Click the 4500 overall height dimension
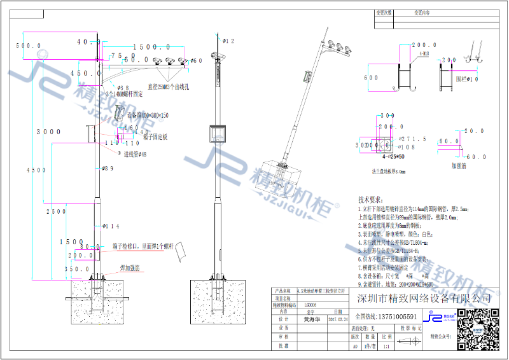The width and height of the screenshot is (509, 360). tap(39, 170)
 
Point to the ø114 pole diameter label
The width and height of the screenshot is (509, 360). tap(111, 226)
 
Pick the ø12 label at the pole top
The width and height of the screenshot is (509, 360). tap(228, 41)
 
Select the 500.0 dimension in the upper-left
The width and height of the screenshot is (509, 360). tap(28, 46)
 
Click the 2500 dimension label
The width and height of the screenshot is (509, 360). tap(57, 211)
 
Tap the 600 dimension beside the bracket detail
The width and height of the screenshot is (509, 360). tap(371, 78)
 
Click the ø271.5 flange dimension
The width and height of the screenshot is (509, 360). tap(410, 138)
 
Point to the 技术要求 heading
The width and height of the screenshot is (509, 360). tap(372, 199)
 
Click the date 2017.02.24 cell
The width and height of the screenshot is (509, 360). tap(338, 320)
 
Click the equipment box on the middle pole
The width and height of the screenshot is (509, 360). tap(218, 135)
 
